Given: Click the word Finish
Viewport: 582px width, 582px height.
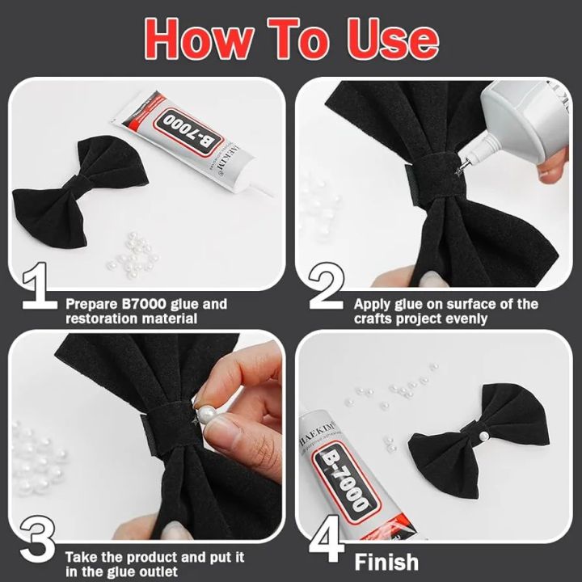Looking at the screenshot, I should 386,561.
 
